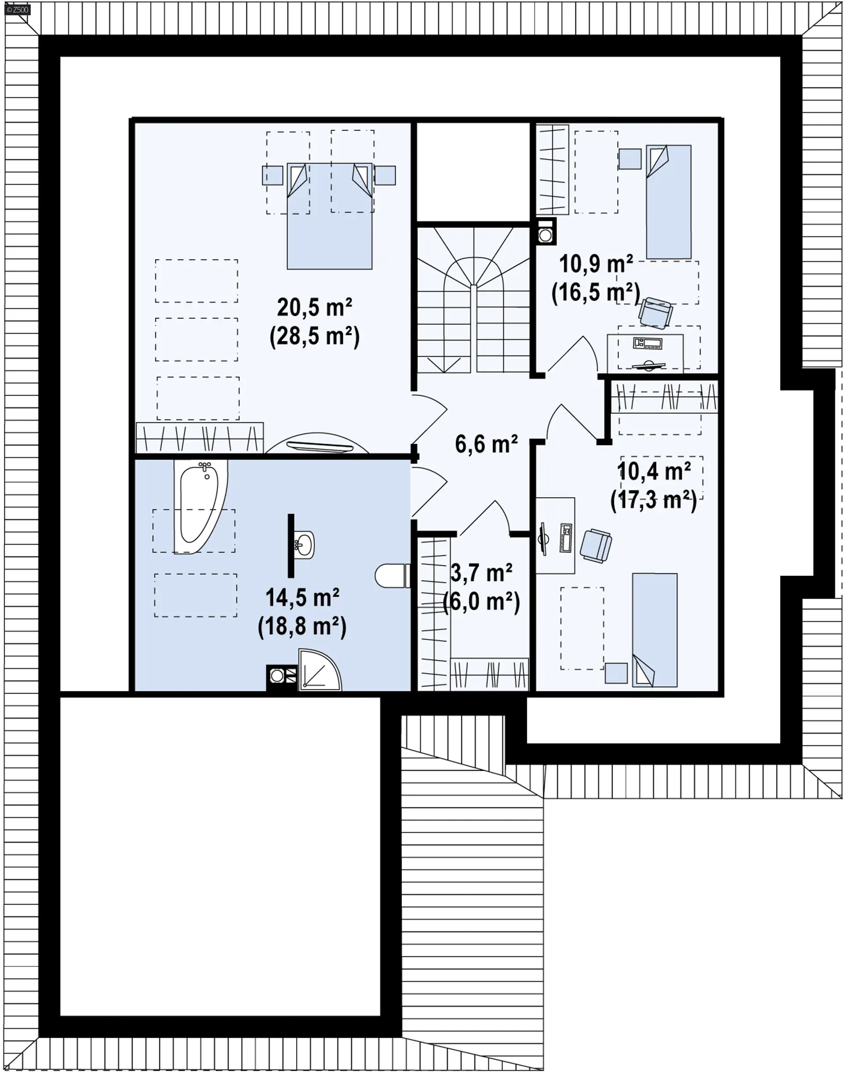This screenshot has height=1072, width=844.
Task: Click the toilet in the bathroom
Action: tap(393, 575)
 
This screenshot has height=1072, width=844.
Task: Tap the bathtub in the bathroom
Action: tap(200, 506)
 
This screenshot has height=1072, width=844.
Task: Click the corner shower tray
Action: tap(319, 670)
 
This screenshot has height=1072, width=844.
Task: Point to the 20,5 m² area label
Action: tap(314, 307)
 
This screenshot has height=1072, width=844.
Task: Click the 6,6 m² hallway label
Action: tap(486, 444)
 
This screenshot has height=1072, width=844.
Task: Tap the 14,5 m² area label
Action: tap(302, 597)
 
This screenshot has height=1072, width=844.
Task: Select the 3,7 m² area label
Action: tap(481, 573)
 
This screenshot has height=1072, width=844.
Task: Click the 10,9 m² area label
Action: tap(596, 264)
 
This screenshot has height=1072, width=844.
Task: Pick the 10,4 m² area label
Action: tap(654, 471)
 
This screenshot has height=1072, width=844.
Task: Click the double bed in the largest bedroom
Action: tap(330, 216)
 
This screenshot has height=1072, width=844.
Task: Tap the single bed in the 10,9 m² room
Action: tap(669, 202)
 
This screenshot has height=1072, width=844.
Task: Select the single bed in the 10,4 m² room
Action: tap(655, 630)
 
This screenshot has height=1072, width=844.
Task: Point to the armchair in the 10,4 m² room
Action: tap(596, 545)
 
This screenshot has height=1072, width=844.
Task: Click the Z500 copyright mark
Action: tap(18, 9)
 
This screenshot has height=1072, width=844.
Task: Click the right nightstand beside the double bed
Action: tap(385, 175)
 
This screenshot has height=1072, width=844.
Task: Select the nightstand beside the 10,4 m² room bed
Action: tap(616, 673)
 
